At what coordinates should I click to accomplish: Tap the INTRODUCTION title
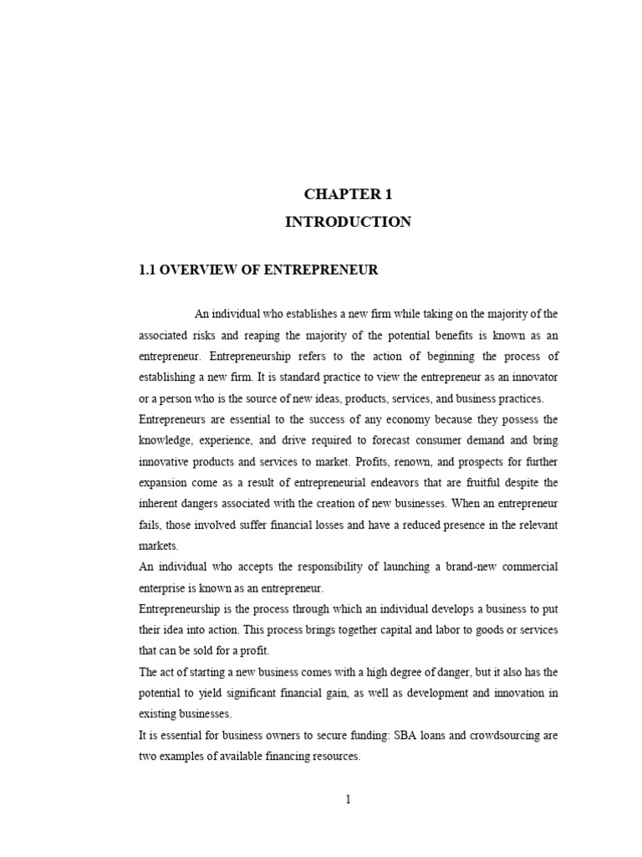pos(348,222)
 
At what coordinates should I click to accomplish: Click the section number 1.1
pos(147,269)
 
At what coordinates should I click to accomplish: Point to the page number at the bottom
pos(348,799)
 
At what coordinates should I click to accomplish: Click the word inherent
pos(159,504)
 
